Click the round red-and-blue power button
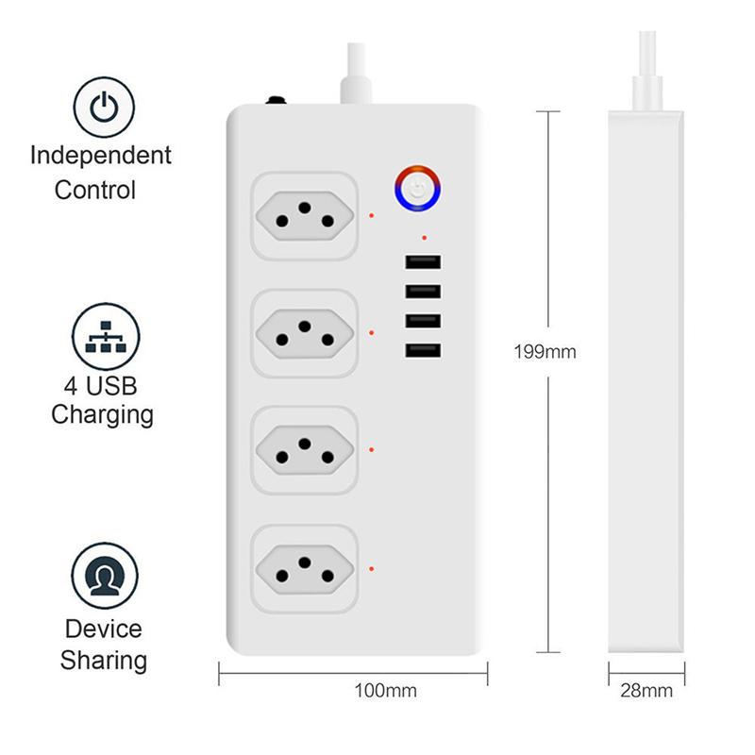click(417, 187)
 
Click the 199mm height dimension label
click(545, 352)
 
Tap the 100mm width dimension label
click(385, 691)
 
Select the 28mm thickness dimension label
click(647, 691)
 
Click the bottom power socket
click(305, 569)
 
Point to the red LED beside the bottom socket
click(373, 569)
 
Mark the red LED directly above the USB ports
click(425, 238)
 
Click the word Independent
click(101, 155)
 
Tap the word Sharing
click(104, 660)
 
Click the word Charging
click(103, 413)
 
